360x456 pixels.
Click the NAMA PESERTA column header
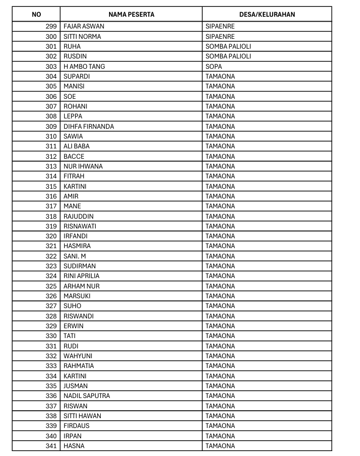pos(131,14)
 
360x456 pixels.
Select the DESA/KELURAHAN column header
pos(267,14)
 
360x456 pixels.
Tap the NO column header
pos(36,14)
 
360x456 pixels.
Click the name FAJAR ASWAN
pos(84,27)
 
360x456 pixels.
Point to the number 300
pos(51,36)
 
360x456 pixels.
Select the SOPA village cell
pos(214,66)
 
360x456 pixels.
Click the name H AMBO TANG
pos(84,66)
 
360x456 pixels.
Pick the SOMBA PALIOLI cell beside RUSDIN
pos(228,57)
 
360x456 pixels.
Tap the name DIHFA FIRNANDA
pos(89,126)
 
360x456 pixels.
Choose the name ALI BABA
pos(77,146)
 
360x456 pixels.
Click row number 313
pos(51,166)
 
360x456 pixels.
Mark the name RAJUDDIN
pos(79,216)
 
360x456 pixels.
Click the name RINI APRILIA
pos(82,276)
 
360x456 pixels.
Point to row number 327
pos(51,306)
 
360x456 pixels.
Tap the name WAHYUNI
pos(78,356)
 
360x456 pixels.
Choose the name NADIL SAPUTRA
pos(87,396)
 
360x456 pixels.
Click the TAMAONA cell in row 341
pos(220,446)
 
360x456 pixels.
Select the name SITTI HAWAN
pos(83,416)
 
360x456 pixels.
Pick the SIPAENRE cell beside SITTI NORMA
pos(220,36)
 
